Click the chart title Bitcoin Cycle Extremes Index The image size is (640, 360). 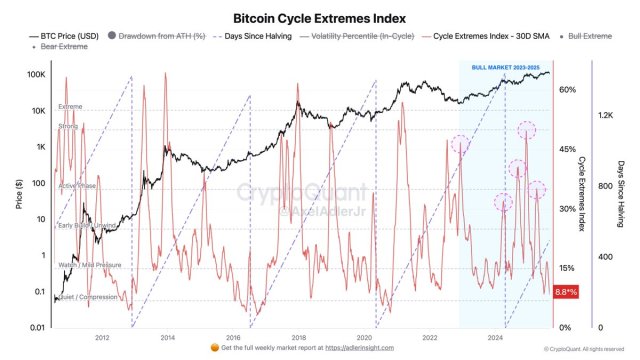(319, 18)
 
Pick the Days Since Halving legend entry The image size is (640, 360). (269, 37)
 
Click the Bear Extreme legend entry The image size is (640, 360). (63, 47)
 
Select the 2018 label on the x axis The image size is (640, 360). (297, 337)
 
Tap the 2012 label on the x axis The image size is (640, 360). (103, 337)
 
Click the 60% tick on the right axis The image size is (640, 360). (567, 90)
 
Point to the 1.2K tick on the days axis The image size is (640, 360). (605, 116)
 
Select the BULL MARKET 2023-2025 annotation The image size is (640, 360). (505, 67)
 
